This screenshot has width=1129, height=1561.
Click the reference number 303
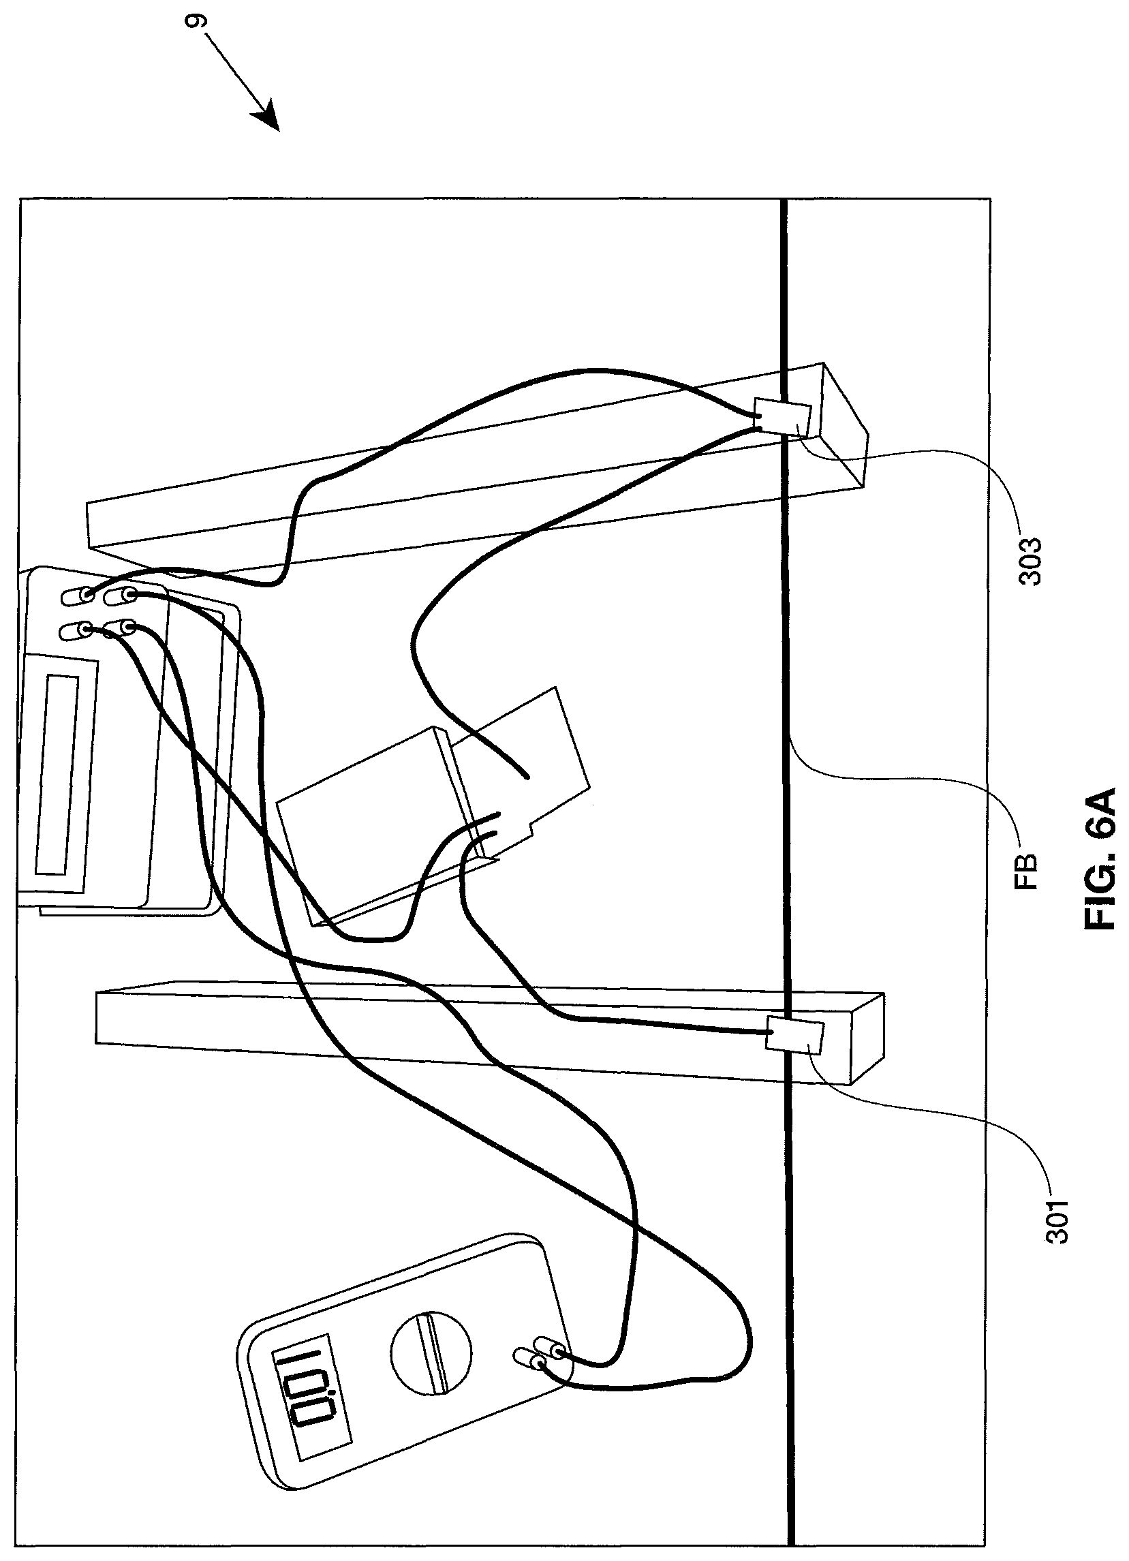(1031, 561)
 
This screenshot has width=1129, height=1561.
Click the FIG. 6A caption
(1099, 872)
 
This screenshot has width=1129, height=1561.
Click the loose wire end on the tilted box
(526, 777)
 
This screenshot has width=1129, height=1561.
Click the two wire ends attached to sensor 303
(756, 421)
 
